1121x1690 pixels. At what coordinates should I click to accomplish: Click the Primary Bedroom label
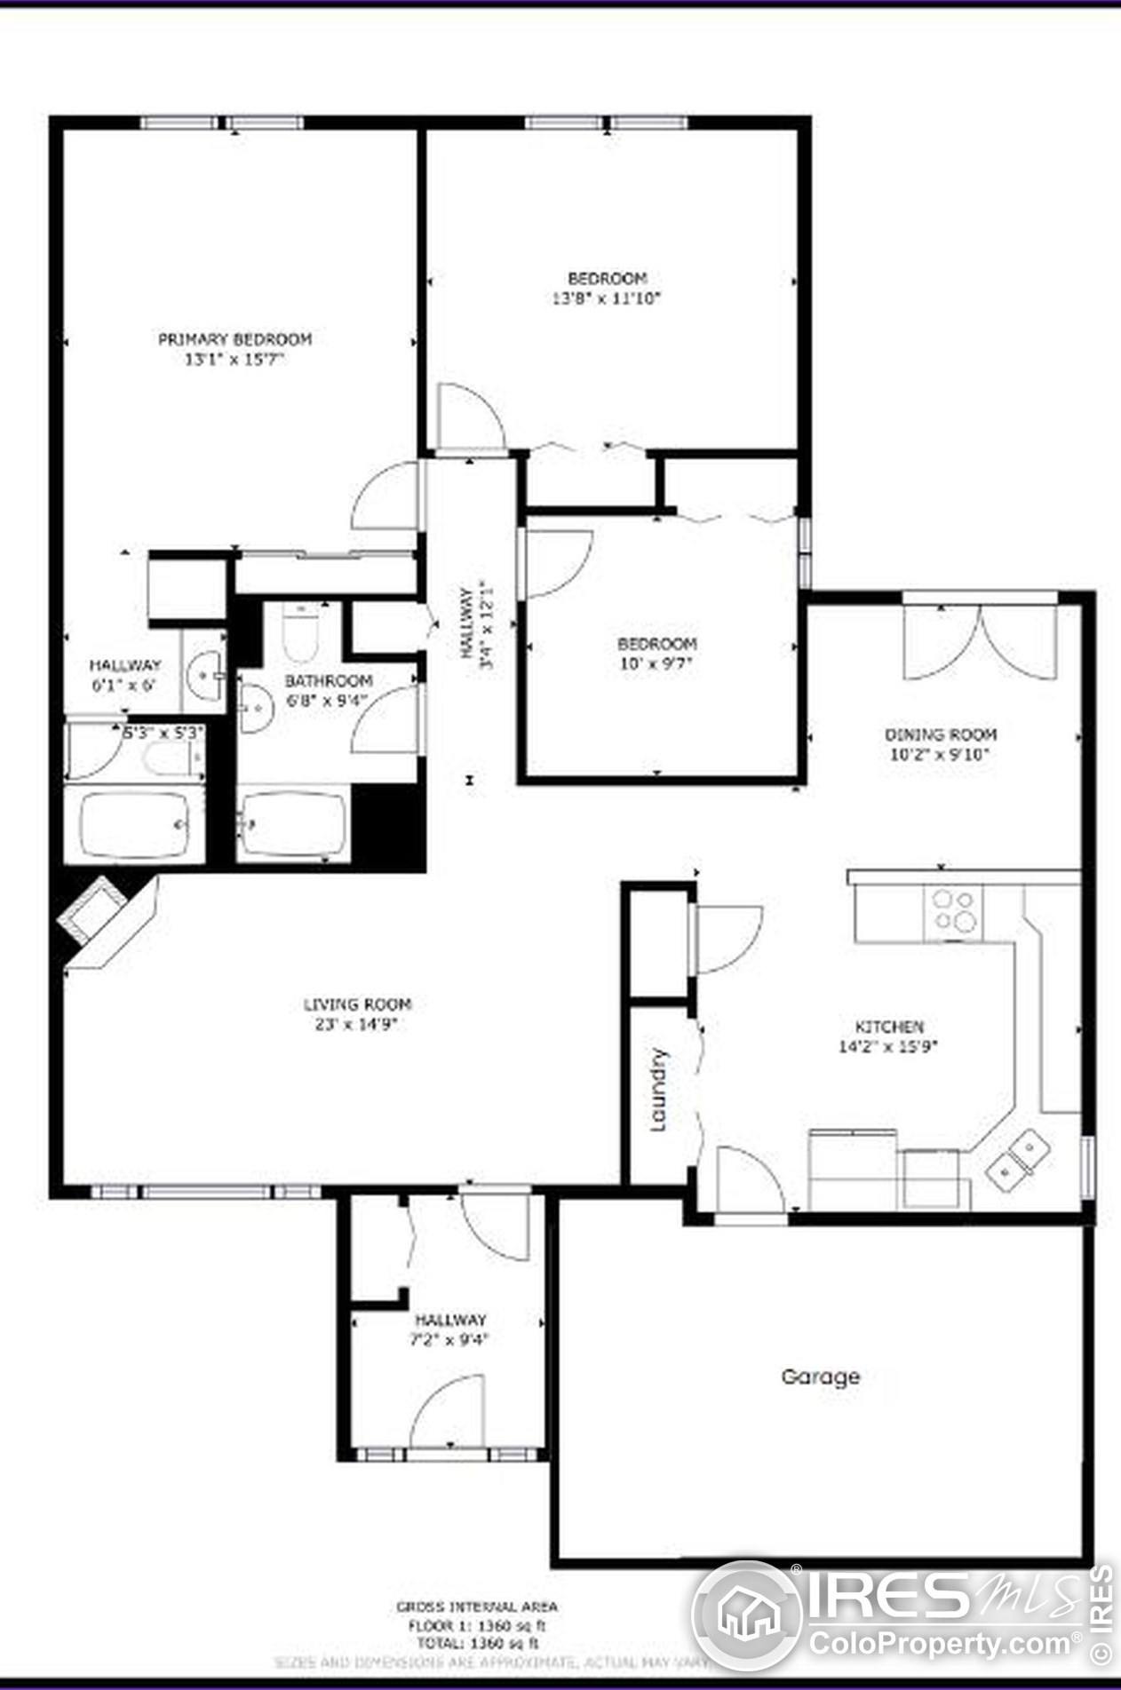pos(235,339)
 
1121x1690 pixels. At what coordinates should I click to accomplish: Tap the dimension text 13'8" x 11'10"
pos(607,298)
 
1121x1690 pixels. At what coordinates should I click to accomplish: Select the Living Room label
pos(357,1004)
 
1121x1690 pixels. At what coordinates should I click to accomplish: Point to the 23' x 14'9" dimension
pos(357,1024)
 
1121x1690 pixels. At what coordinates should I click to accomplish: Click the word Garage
pos(820,1377)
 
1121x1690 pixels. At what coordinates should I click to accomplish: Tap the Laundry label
pos(658,1090)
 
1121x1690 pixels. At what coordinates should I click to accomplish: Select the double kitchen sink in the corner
pos(1018,1162)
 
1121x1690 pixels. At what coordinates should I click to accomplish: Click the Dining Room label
pos(940,734)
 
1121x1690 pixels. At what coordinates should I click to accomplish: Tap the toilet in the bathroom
pos(300,633)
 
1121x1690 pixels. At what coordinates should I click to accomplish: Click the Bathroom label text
pos(328,681)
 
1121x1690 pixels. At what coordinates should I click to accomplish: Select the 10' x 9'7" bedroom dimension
pos(656,663)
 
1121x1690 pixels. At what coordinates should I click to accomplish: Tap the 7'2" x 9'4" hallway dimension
pos(450,1339)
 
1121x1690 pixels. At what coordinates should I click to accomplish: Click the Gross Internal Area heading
pos(476,1607)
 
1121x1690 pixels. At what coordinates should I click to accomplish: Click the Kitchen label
pos(888,1027)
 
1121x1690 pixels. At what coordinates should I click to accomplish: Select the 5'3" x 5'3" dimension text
pos(163,733)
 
